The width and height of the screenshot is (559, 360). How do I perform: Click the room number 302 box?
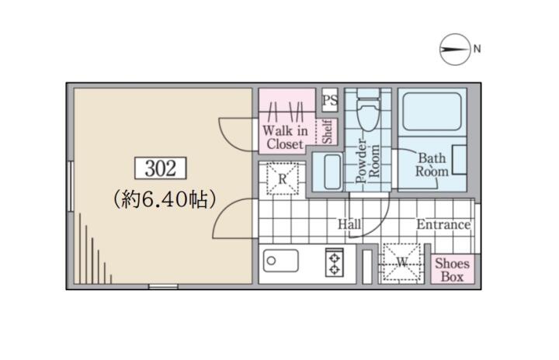pos(161,168)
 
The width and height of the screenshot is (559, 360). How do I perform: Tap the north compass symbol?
pos(455,50)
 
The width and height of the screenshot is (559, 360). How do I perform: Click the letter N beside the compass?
pos(477,48)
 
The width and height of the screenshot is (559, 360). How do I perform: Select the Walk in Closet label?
pos(285,137)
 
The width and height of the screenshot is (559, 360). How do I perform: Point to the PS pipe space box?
pos(330,100)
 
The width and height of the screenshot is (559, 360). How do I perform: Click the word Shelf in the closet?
pos(328,132)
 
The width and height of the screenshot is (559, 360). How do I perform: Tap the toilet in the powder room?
pos(368,109)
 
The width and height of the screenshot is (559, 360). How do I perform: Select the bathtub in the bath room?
pos(432,112)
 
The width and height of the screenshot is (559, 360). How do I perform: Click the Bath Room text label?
pos(432,164)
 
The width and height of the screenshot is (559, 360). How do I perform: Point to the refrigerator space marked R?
pos(283,178)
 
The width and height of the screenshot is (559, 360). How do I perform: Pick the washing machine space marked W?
pos(402,263)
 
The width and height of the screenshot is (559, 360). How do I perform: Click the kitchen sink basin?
pos(280,261)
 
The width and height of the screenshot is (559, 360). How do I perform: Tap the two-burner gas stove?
pos(335,263)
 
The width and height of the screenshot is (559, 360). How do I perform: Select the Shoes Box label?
pos(452,270)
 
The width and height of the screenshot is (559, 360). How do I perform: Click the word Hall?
pos(349,224)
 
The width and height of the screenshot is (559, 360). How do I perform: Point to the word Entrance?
pos(443,224)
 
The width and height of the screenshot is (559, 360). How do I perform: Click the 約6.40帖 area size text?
pos(165,199)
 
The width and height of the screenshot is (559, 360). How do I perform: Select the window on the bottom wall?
pos(163,286)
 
